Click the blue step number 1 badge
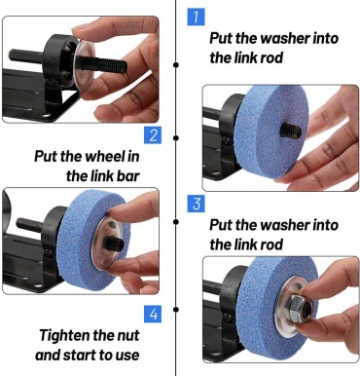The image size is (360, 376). [x=197, y=17]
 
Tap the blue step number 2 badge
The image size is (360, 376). [x=153, y=135]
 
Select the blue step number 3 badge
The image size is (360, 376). [x=197, y=204]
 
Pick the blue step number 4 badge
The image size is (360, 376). [x=153, y=315]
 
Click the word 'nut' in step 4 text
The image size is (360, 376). [x=128, y=336]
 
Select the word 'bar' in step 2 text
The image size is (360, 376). [x=128, y=176]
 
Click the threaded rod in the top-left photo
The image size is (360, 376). [x=103, y=64]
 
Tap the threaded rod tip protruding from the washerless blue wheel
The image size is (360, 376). [x=290, y=131]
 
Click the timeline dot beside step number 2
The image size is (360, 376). [x=176, y=138]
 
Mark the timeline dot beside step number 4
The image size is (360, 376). [x=176, y=310]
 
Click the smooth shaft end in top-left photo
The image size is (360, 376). [x=26, y=56]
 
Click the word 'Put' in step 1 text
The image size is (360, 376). [x=221, y=39]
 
